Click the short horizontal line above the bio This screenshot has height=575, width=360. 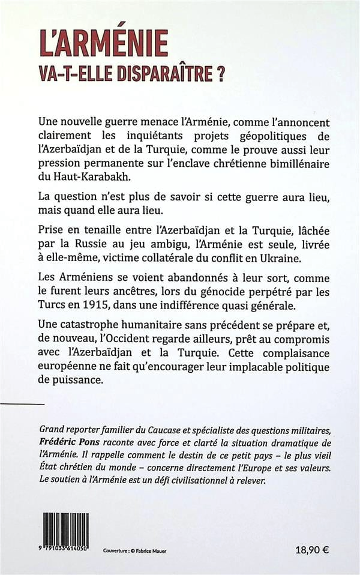[x=23, y=404]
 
